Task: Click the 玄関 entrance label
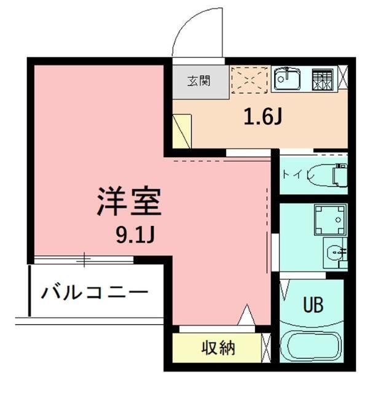coord(199,80)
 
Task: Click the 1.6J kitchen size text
coord(262,116)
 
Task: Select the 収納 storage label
coord(218,349)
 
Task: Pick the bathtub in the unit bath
coord(312,348)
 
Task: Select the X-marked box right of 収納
coord(266,349)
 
